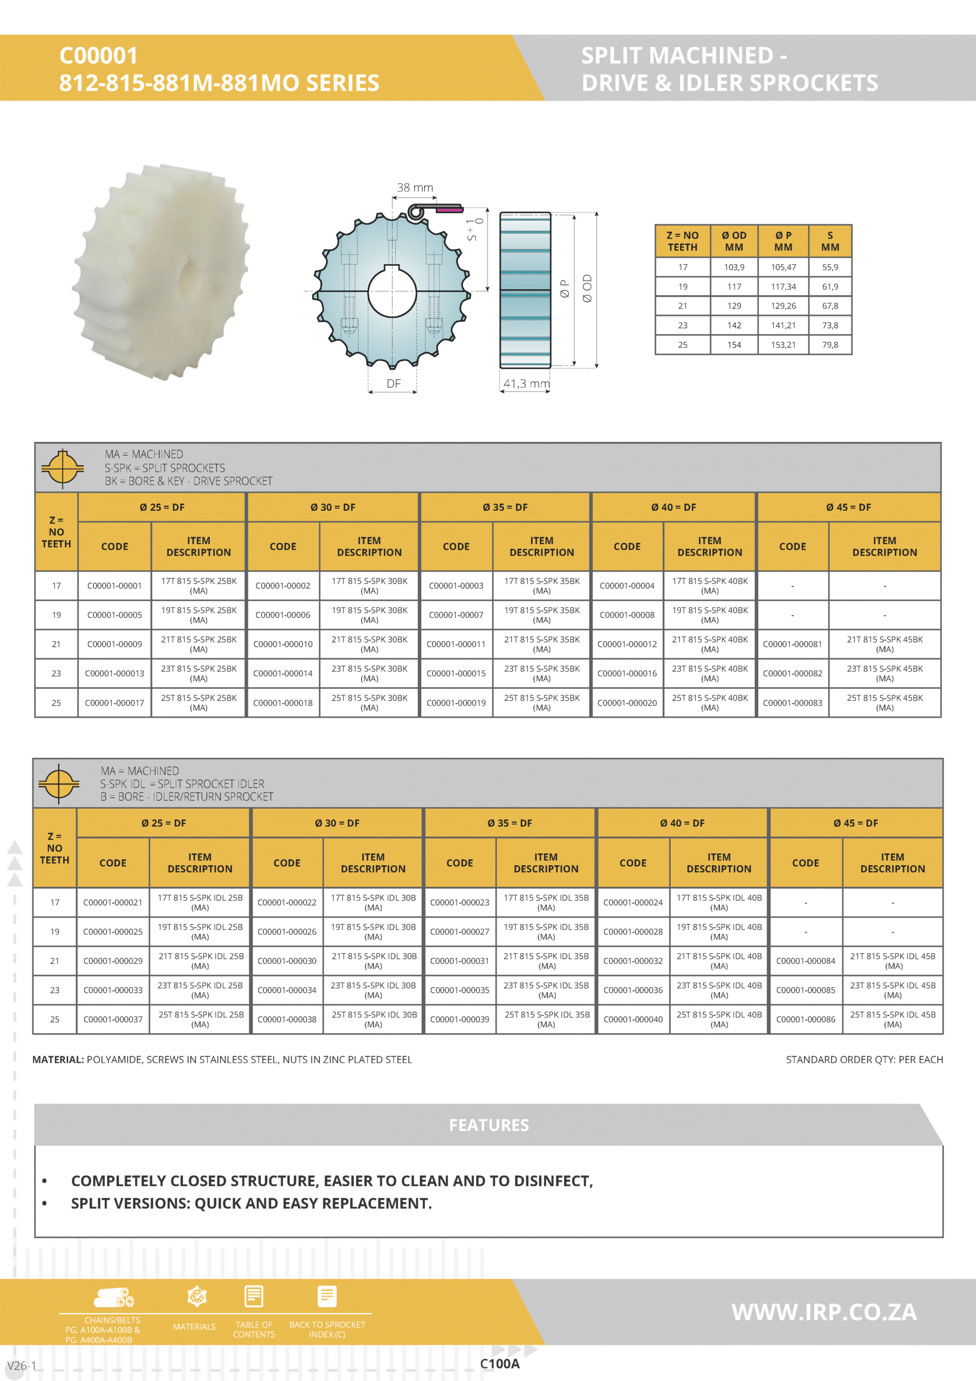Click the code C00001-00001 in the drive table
click(x=114, y=586)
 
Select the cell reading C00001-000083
click(x=792, y=703)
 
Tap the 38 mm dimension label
click(x=415, y=188)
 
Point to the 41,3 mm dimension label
click(x=526, y=384)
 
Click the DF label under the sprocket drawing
click(x=393, y=384)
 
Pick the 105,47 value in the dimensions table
click(x=783, y=268)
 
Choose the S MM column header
click(x=830, y=241)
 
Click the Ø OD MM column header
click(x=734, y=241)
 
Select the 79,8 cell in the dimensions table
click(x=830, y=345)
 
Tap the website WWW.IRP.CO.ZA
click(x=824, y=1312)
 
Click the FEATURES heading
click(x=489, y=1125)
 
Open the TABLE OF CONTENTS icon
click(x=254, y=1297)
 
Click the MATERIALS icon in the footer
click(x=197, y=1297)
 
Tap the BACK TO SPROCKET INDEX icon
click(x=327, y=1297)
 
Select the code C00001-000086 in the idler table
click(x=805, y=1020)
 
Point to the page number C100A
click(x=500, y=1364)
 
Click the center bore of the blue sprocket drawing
click(x=392, y=292)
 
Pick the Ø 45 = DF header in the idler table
click(x=855, y=823)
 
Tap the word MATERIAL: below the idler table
click(x=58, y=1060)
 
